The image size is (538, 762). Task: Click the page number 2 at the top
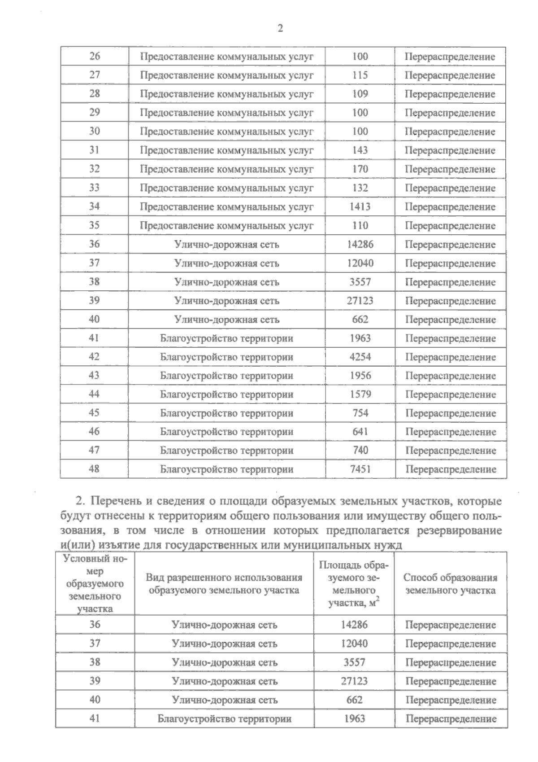(280, 28)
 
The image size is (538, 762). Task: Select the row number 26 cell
(95, 56)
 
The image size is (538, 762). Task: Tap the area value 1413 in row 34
(360, 206)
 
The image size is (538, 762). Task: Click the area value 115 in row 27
(360, 75)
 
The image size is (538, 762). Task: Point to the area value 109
(360, 94)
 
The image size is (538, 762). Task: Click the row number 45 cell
(94, 412)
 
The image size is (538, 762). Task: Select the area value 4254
(360, 357)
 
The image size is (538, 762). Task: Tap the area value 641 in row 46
(360, 431)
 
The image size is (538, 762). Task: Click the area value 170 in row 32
(360, 169)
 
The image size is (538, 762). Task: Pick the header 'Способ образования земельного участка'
(450, 584)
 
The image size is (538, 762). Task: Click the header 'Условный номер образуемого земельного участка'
(95, 583)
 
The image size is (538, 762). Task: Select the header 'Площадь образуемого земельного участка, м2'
(354, 584)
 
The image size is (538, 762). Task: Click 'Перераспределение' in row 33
(450, 188)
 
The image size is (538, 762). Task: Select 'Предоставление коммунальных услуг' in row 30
(226, 131)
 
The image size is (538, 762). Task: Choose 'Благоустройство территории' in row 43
(226, 376)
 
